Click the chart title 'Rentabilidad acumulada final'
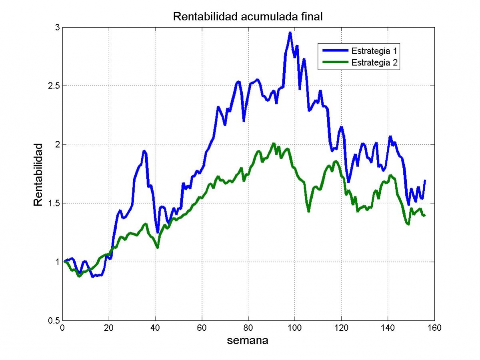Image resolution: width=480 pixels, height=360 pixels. (x=248, y=17)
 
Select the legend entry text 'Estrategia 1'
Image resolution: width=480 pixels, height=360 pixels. (x=374, y=51)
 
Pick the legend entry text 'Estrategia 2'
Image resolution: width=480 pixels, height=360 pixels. (x=374, y=62)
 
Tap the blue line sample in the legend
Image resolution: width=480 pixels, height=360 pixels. (x=336, y=50)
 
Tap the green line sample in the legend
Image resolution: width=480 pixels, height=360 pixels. (x=336, y=62)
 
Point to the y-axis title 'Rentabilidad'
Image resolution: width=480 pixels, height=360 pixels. (x=38, y=175)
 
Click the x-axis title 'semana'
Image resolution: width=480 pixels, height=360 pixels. (x=248, y=340)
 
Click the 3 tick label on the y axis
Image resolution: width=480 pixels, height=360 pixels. (x=58, y=28)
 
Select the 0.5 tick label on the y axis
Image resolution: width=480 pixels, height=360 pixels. (x=54, y=321)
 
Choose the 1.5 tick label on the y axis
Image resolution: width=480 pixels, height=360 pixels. (x=54, y=203)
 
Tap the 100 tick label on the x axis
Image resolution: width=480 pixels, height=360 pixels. (x=294, y=328)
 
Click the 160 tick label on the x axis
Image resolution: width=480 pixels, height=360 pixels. (x=434, y=328)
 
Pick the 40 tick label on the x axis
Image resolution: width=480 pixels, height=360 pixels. (x=155, y=328)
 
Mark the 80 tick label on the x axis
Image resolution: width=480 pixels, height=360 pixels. (x=248, y=328)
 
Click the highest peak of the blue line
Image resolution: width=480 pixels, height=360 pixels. (x=290, y=32)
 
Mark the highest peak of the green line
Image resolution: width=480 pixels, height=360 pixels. (x=274, y=143)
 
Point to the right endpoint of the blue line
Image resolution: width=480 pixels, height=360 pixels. (x=425, y=180)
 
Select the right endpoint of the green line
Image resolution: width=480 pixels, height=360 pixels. (x=425, y=216)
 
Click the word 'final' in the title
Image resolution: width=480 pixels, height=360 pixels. (x=312, y=17)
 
